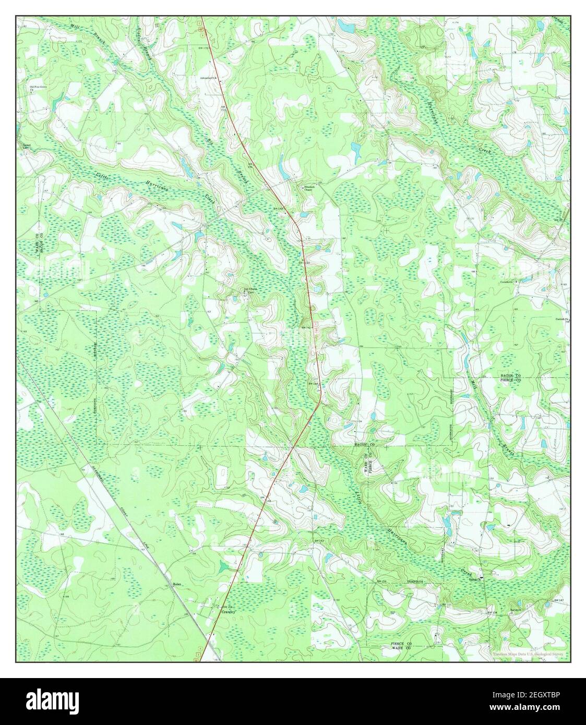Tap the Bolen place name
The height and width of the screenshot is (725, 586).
coord(177,585)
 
